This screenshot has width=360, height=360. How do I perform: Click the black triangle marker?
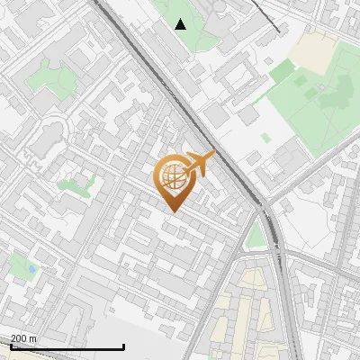click(181, 24)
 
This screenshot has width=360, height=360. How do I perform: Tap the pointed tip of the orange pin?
click(171, 211)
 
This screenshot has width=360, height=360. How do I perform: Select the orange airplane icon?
click(199, 164)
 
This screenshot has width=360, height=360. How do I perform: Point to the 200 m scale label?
click(24, 338)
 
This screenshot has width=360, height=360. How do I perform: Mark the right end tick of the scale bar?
click(122, 346)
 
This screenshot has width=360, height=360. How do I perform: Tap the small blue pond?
click(33, 268)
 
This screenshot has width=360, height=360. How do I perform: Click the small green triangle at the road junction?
click(256, 236)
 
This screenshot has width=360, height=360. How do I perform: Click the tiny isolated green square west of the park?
click(265, 138)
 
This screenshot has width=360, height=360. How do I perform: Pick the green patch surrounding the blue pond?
click(20, 266)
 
